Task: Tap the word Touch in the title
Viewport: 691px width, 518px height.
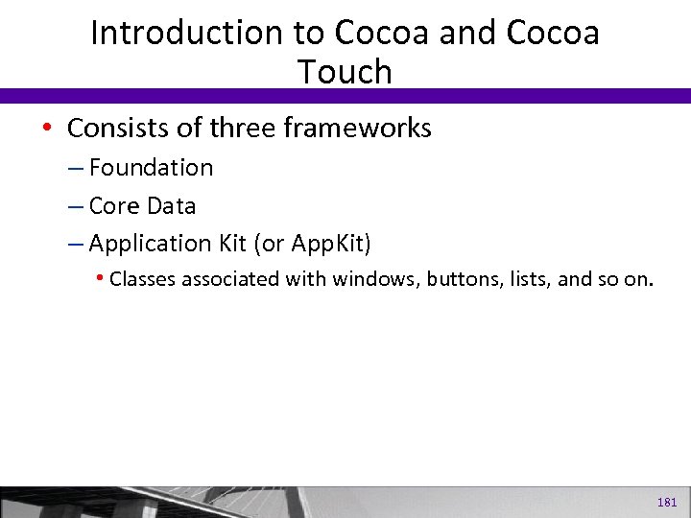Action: point(345,71)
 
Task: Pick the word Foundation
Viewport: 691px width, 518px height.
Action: point(151,168)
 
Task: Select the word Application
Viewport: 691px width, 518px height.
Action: point(144,245)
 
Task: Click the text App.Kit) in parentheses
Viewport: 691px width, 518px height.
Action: point(330,245)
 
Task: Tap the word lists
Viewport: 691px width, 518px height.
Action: point(526,280)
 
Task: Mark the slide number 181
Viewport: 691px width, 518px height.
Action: point(667,502)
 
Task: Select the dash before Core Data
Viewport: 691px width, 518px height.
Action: point(76,206)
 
